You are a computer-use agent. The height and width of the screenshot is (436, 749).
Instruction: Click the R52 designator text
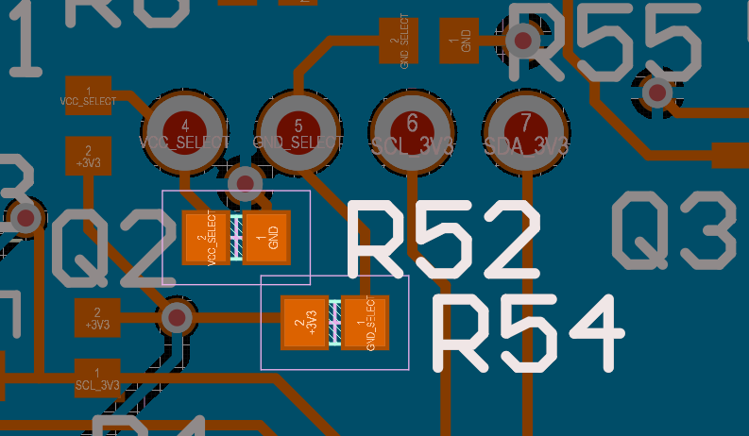(445, 239)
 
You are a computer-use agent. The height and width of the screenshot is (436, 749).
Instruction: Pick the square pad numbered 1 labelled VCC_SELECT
(89, 94)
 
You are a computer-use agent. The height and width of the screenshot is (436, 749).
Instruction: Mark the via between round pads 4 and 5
(245, 183)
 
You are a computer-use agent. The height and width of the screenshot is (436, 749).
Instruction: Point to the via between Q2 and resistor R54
(176, 317)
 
